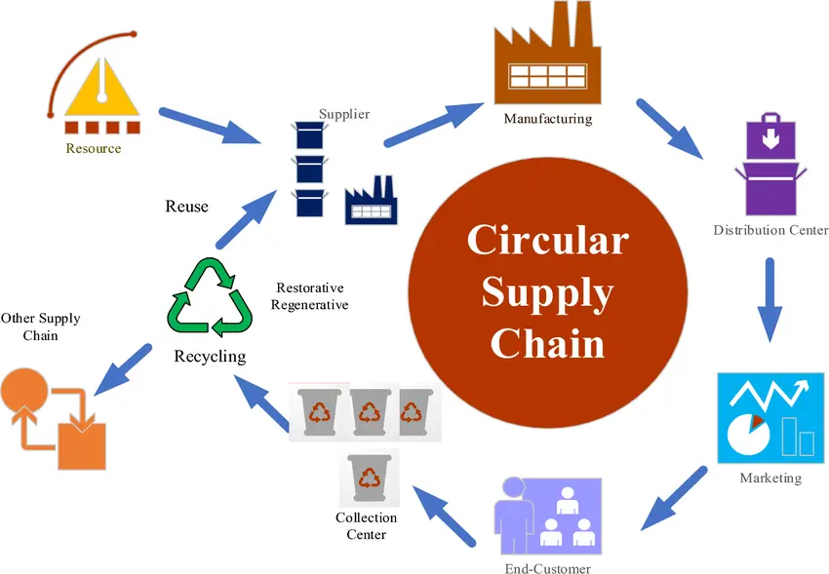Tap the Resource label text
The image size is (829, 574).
coord(94,149)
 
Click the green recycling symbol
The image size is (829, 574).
coord(210,298)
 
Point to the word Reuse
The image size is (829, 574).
coord(186,207)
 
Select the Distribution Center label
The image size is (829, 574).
coord(770,231)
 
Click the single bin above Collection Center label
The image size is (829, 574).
coord(368,478)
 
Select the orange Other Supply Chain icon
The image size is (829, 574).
coord(54,420)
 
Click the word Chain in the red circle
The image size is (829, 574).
coord(547,343)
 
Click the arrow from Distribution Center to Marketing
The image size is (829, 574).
coord(770,299)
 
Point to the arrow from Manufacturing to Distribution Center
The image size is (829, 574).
coord(668,128)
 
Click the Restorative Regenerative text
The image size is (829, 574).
coord(309,296)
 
